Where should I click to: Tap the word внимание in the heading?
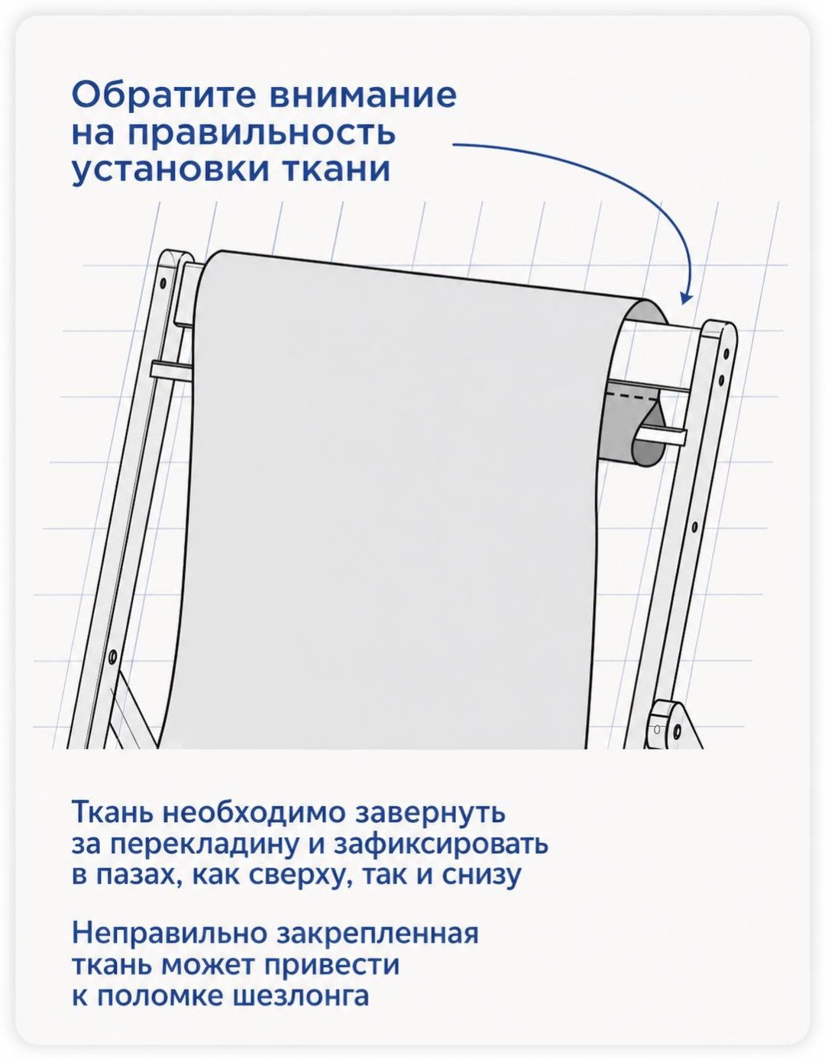click(x=364, y=95)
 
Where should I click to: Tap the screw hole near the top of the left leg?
click(x=163, y=283)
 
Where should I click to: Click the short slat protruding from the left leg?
click(x=171, y=370)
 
